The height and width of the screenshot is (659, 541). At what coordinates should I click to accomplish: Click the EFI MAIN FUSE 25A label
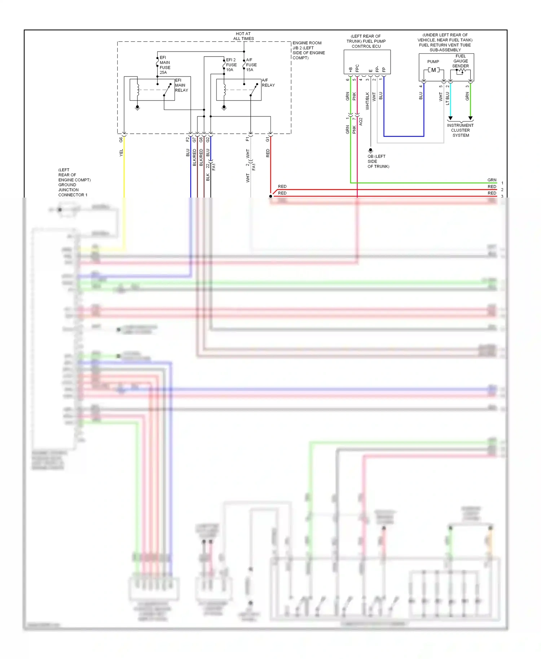[x=165, y=65]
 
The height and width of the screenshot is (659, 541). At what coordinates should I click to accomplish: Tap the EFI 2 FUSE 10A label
[x=231, y=65]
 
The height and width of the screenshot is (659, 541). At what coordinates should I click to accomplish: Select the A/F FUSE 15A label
[x=251, y=65]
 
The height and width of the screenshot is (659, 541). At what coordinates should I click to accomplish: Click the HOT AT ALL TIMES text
[x=243, y=36]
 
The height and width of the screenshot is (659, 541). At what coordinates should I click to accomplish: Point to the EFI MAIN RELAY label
[x=181, y=85]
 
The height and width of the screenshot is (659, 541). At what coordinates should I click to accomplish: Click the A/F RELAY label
[x=268, y=83]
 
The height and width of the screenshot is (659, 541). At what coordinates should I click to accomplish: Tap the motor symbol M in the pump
[x=433, y=70]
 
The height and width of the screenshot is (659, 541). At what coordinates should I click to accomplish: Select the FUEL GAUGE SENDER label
[x=461, y=61]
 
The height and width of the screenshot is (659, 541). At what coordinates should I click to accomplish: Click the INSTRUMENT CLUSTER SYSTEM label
[x=460, y=130]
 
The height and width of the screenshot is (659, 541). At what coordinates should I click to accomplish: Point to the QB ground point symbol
[x=370, y=150]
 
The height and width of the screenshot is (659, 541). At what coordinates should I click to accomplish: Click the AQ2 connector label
[x=361, y=121]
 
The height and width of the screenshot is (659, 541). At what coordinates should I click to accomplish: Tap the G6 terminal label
[x=121, y=140]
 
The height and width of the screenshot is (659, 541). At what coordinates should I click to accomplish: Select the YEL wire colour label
[x=121, y=152]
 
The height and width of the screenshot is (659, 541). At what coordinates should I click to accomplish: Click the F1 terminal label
[x=247, y=139]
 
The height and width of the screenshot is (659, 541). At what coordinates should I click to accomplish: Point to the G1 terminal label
[x=267, y=139]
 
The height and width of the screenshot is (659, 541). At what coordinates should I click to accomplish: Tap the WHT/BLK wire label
[x=367, y=101]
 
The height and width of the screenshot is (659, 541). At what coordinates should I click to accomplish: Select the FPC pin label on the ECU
[x=357, y=68]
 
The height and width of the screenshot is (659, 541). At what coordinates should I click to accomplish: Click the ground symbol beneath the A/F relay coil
[x=224, y=107]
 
